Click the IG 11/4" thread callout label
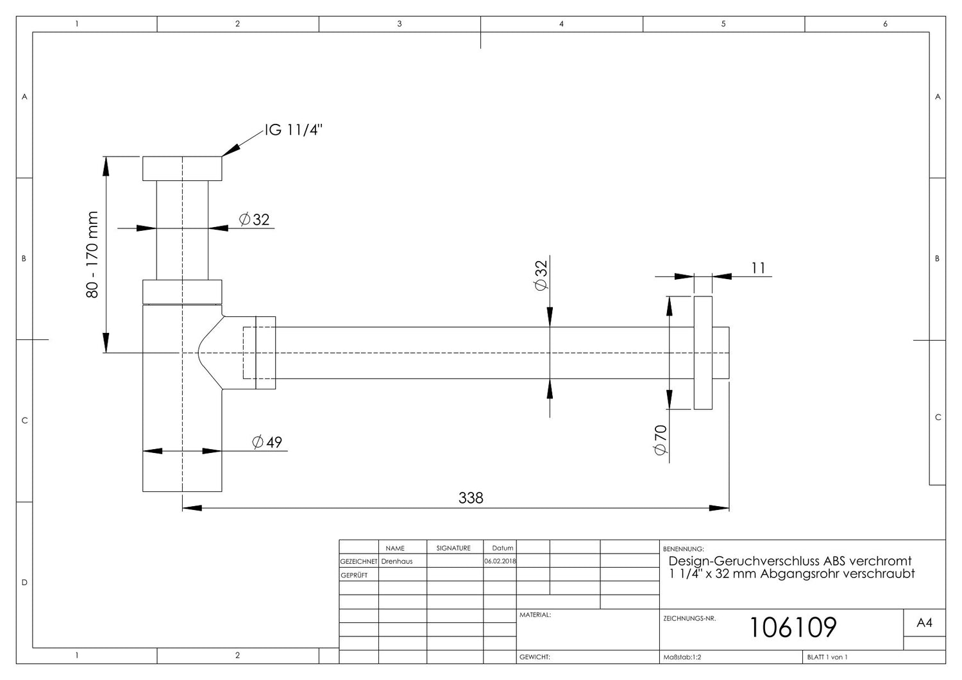(x=293, y=130)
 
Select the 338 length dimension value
(x=471, y=498)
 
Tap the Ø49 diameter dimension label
(x=267, y=442)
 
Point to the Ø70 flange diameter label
(x=660, y=440)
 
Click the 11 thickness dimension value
(x=759, y=268)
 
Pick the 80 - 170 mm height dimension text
(x=92, y=255)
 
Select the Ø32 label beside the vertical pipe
(x=254, y=219)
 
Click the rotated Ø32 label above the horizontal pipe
(x=541, y=276)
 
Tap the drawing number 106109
(x=793, y=627)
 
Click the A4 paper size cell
(x=924, y=622)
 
